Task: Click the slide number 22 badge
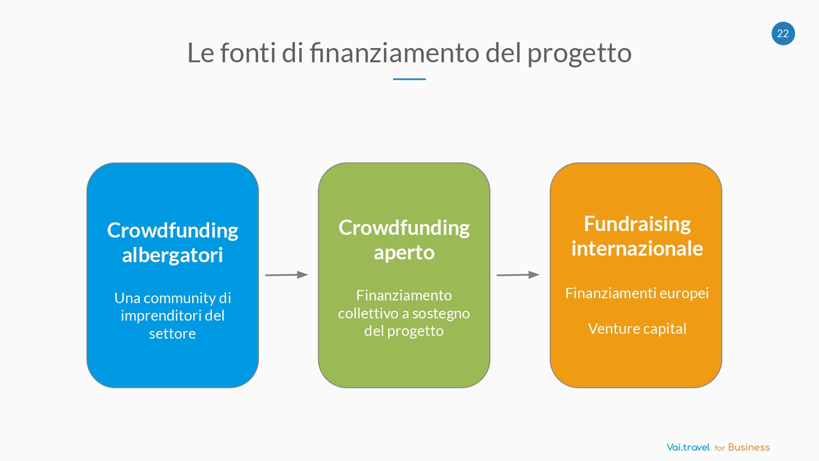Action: point(783,33)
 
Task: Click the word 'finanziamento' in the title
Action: point(394,52)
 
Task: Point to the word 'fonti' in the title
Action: point(248,52)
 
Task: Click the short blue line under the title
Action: point(409,79)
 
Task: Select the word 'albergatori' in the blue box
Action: point(172,255)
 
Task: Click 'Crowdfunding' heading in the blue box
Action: point(173,230)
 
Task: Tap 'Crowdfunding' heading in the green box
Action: point(404,228)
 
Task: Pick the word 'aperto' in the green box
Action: point(404,253)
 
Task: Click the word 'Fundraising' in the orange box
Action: point(637,224)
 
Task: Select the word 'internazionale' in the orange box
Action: point(637,249)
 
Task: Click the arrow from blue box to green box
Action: point(287,275)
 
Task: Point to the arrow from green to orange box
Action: point(518,275)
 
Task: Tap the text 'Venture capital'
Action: point(637,329)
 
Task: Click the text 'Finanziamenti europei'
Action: point(637,293)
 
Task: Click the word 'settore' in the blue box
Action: point(172,334)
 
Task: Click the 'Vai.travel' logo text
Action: point(688,447)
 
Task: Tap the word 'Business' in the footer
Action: point(749,447)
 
